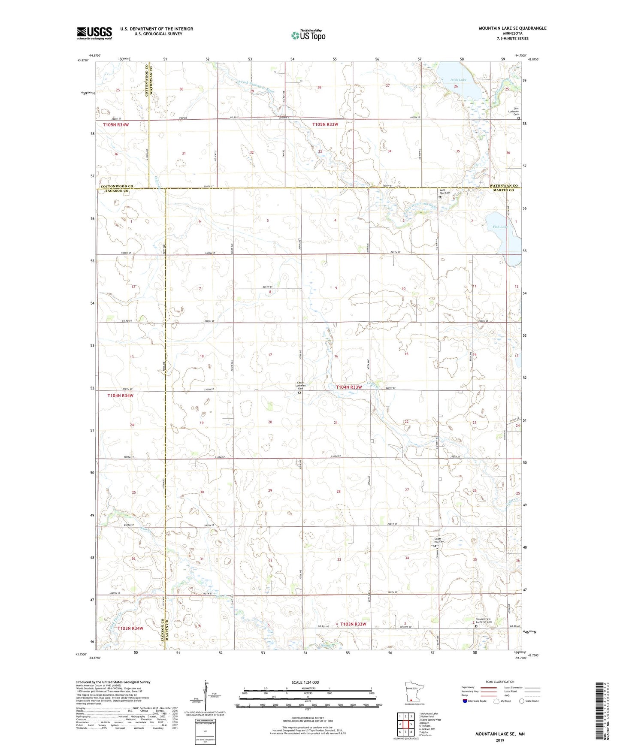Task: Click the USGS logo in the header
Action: coord(94,33)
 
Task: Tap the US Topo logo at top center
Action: coord(308,35)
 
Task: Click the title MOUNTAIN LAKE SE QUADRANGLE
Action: coord(512,28)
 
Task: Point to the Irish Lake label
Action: coord(458,80)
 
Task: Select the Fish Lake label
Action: coord(499,227)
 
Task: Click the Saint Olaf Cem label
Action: coord(445,193)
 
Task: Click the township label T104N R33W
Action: coord(349,387)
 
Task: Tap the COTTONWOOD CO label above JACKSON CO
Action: coord(117,186)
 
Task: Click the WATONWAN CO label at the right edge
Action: coord(504,186)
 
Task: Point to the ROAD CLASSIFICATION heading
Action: coord(500,682)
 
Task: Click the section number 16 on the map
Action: coord(336,356)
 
